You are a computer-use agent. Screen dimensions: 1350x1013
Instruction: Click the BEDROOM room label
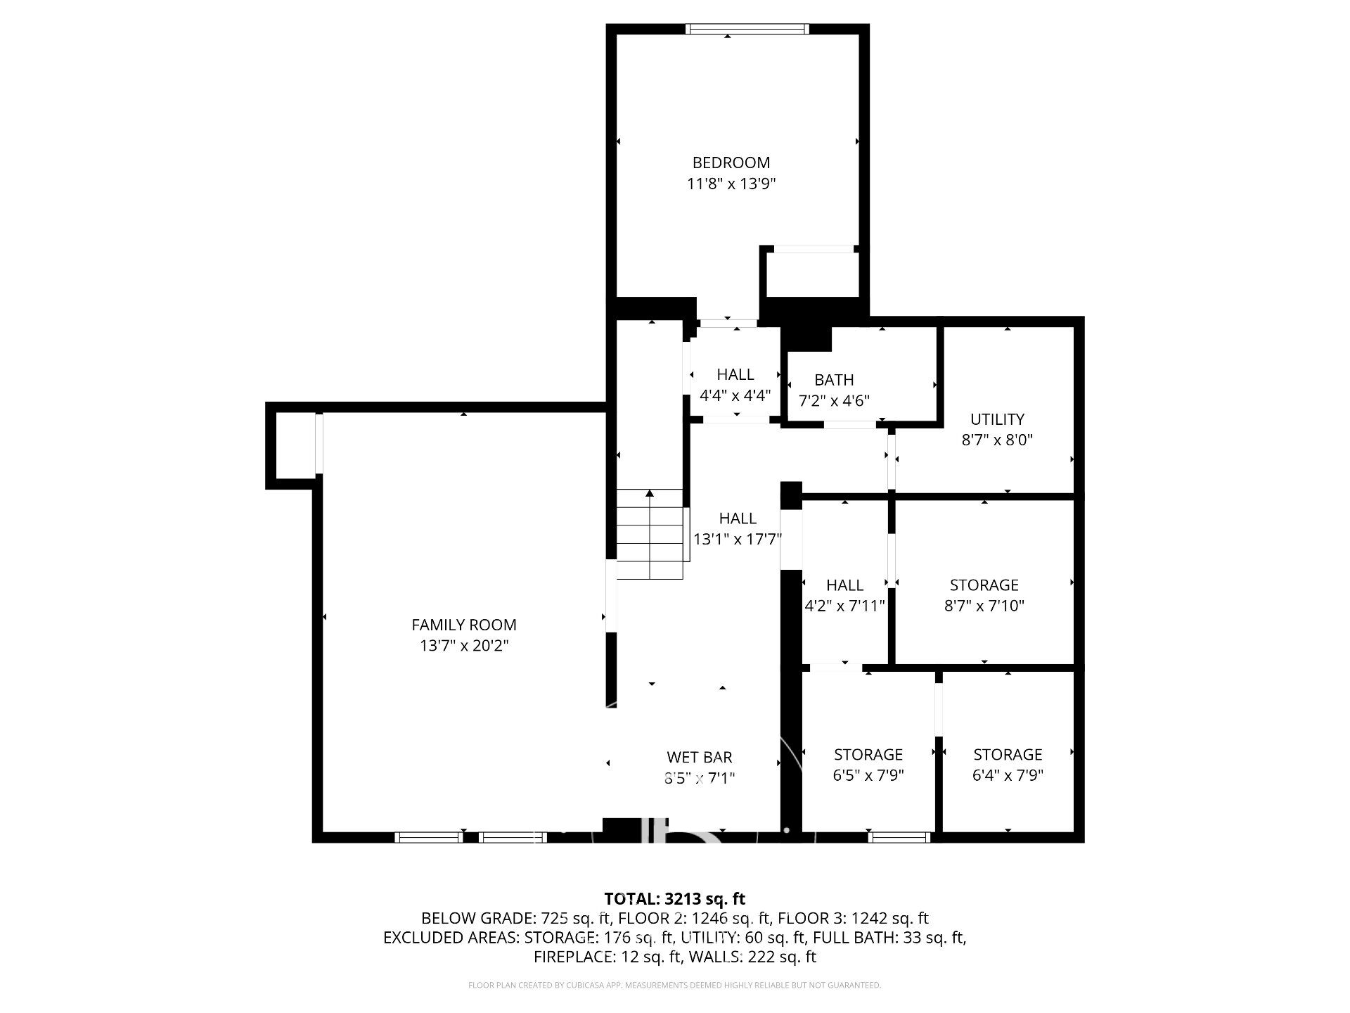coord(731,163)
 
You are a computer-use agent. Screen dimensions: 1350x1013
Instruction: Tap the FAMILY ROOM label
coord(464,625)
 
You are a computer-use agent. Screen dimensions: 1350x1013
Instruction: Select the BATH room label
coord(834,380)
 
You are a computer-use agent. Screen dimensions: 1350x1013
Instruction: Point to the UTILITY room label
coord(997,419)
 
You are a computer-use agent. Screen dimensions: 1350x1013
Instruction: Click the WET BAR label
coord(700,757)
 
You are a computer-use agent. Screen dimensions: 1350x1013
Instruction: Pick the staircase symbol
coord(650,534)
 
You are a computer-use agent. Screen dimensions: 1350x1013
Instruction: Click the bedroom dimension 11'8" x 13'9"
coord(731,184)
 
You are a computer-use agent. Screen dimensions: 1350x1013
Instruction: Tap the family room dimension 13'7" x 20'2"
coord(464,646)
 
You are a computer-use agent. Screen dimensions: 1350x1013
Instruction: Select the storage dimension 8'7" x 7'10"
coord(984,606)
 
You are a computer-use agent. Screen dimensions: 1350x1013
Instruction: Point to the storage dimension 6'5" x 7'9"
coord(868,775)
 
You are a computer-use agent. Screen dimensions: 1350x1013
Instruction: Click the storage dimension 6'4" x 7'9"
coord(1008,775)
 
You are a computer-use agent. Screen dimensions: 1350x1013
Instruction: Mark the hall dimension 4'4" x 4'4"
coord(735,395)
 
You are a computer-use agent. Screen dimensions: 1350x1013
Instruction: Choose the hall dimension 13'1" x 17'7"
coord(738,540)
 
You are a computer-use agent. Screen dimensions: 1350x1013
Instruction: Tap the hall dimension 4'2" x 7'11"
coord(844,606)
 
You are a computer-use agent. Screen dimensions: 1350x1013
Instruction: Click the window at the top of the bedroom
coord(747,29)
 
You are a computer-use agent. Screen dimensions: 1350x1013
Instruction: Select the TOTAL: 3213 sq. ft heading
coord(675,898)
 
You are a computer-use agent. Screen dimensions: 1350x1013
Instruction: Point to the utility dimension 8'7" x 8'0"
coord(997,440)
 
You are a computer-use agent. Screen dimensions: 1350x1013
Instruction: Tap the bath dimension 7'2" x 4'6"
coord(835,401)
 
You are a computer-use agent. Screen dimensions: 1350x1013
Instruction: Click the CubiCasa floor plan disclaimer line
coord(675,986)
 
